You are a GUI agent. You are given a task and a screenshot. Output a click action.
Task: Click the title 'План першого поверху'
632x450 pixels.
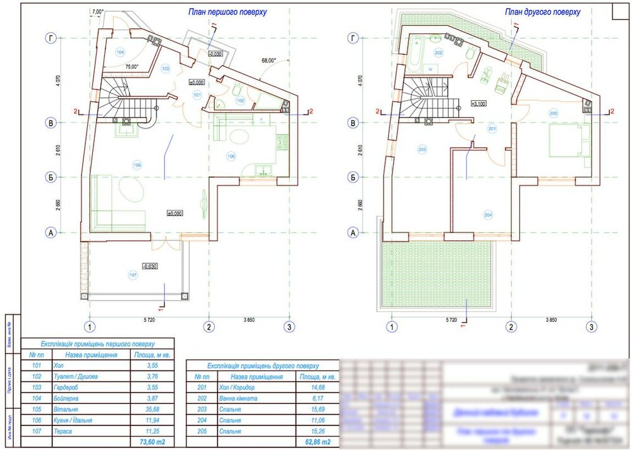[228, 12]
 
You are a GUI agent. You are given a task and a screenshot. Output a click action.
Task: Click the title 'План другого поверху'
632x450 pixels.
[542, 12]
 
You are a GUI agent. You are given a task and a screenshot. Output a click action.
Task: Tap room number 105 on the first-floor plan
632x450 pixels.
[137, 165]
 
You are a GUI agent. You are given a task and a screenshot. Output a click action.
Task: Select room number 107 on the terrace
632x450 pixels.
[133, 275]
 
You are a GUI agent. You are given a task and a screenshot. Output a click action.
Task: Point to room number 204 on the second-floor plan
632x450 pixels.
[488, 215]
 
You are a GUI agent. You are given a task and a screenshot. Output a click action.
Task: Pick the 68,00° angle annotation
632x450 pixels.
[269, 61]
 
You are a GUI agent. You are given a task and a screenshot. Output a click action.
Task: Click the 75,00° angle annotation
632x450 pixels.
[131, 66]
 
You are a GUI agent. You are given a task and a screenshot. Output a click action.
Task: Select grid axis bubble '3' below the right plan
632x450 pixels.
[591, 327]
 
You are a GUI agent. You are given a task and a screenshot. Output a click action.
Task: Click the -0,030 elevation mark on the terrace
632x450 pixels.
[150, 266]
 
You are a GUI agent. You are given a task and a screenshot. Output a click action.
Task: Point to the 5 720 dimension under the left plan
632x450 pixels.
[149, 321]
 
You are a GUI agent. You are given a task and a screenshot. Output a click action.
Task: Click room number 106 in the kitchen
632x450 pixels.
[231, 155]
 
